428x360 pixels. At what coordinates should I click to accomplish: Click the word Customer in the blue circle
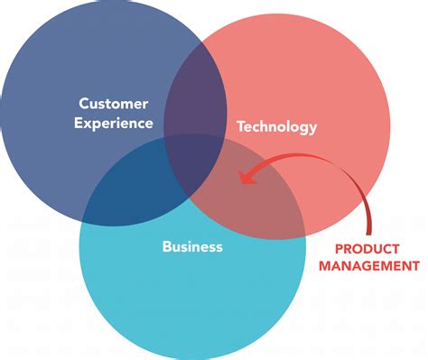(x=113, y=104)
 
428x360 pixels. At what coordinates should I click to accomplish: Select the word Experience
(x=116, y=124)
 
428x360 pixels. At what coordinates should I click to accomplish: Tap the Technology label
(x=276, y=127)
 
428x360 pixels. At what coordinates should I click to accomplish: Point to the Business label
(x=191, y=245)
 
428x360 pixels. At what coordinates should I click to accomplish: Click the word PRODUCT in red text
(x=375, y=247)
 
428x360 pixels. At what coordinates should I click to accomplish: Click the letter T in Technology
(x=240, y=127)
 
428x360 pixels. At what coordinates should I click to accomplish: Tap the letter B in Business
(x=166, y=245)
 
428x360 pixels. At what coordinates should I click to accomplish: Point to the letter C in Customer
(x=83, y=104)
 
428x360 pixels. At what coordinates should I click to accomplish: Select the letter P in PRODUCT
(x=339, y=247)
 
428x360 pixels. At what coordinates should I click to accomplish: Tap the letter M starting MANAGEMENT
(x=327, y=265)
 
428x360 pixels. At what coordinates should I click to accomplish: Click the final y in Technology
(x=312, y=129)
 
